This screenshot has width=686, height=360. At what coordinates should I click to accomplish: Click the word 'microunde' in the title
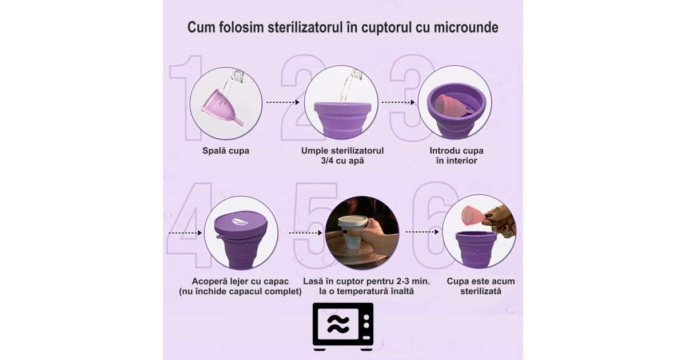click(466, 27)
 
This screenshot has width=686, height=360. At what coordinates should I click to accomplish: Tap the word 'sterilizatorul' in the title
click(305, 27)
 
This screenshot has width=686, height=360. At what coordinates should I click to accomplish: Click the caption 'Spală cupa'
click(226, 151)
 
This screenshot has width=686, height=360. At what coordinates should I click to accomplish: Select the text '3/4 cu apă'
click(342, 161)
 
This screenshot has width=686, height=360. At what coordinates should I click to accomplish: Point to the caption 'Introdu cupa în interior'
click(457, 156)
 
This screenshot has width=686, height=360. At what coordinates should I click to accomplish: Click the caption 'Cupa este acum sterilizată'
click(481, 286)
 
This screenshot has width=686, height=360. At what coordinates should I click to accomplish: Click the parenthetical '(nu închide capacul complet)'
click(241, 291)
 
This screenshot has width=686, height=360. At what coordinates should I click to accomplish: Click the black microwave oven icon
click(343, 326)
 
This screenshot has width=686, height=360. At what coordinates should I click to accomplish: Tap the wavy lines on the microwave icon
click(338, 323)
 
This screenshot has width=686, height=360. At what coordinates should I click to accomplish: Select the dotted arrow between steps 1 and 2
click(282, 102)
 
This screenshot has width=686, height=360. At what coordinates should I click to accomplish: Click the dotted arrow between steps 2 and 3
click(398, 102)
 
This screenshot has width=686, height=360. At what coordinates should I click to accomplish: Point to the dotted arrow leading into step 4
click(185, 233)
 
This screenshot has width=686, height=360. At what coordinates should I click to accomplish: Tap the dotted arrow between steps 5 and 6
click(422, 232)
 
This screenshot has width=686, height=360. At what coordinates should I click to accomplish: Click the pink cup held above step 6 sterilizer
click(473, 215)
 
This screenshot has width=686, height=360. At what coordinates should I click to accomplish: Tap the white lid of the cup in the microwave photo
click(352, 221)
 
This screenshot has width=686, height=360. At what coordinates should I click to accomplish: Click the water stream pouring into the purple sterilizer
click(349, 86)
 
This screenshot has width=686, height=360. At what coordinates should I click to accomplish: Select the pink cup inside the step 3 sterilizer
click(452, 106)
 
